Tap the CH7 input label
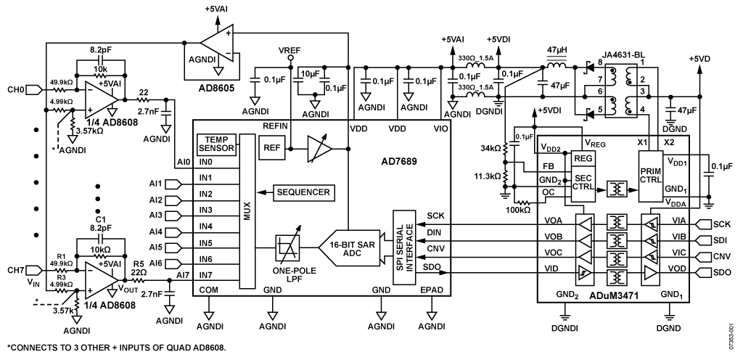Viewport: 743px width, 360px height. click(16, 270)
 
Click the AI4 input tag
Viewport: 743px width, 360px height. click(174, 232)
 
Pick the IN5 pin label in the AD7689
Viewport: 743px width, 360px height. click(205, 243)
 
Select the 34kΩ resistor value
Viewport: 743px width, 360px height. click(498, 149)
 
